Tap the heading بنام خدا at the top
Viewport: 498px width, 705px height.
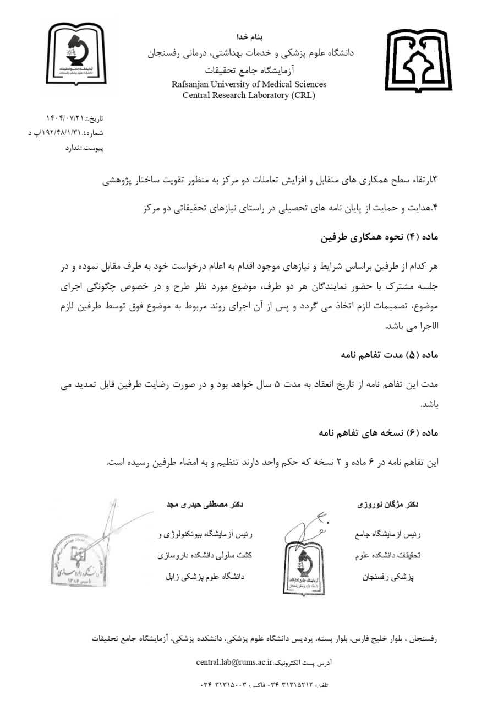[x=250, y=37]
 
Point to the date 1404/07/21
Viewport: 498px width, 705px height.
[x=67, y=118]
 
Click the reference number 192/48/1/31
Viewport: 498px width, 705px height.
[x=57, y=133]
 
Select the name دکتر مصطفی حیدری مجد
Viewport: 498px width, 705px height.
[x=205, y=504]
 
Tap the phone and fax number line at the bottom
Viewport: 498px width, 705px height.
[x=264, y=685]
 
